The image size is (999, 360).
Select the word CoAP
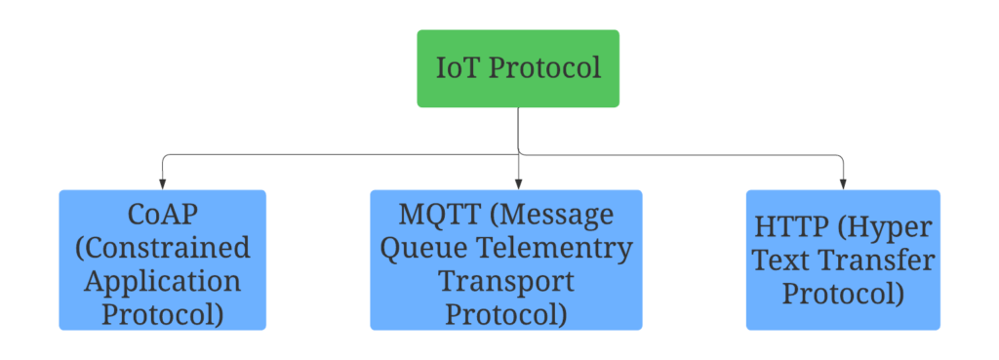[x=162, y=213]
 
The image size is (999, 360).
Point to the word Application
[x=162, y=281]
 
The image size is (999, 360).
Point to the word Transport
[x=505, y=281]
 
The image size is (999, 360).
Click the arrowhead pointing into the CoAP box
[x=162, y=183]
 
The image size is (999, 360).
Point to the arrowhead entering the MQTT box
[x=518, y=183]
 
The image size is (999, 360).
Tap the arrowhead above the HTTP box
[x=843, y=183]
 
